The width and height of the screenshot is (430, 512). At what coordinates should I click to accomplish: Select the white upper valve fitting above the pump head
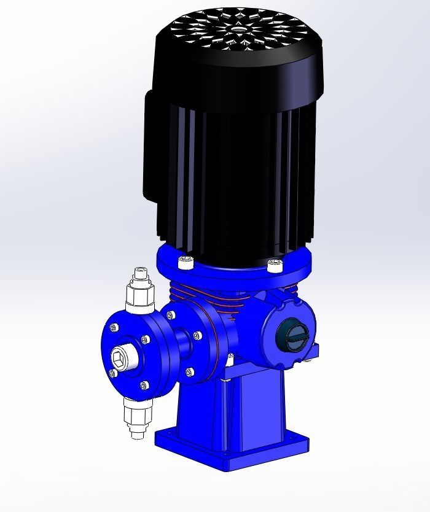(x=140, y=292)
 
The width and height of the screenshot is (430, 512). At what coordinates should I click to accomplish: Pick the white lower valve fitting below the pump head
(x=137, y=417)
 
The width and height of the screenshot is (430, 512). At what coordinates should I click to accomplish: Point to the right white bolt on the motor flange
(x=274, y=265)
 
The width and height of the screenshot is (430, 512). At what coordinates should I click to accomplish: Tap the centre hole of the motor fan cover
(x=237, y=28)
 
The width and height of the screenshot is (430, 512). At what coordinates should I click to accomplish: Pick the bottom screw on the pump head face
(x=144, y=386)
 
